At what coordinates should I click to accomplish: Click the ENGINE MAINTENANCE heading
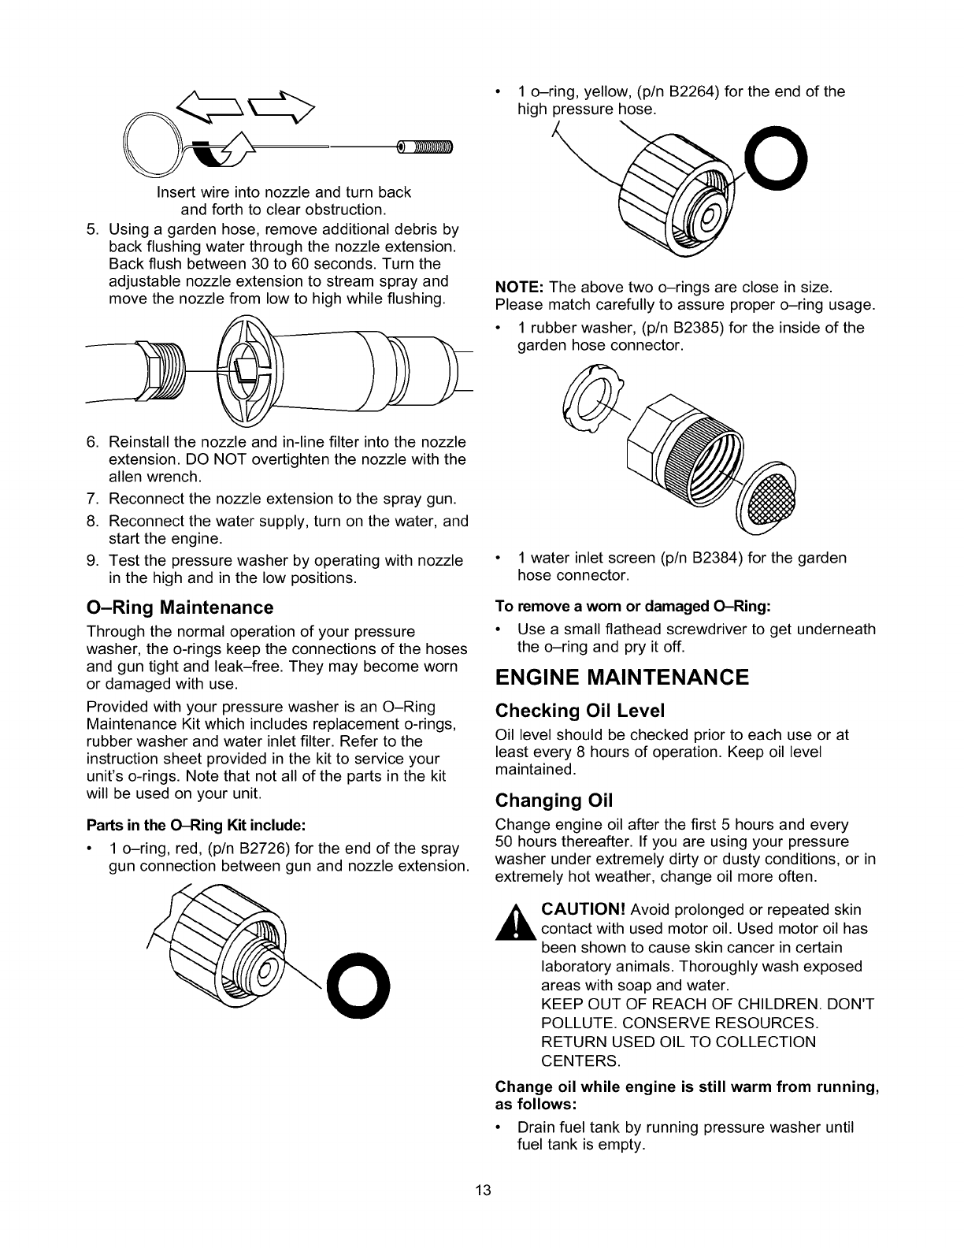622,678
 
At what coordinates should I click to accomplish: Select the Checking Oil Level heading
580,711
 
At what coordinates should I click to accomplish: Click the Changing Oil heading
554,800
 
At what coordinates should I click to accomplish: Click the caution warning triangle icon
517,923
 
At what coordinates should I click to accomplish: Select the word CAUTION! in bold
584,910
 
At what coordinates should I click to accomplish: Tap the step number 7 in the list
91,499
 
